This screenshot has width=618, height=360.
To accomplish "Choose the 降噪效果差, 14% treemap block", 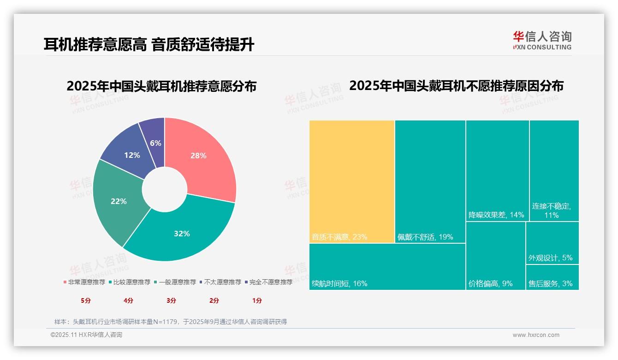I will (497, 171).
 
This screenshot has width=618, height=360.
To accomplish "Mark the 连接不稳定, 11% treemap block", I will (554, 171).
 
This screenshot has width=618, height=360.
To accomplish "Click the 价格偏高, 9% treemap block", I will (495, 256).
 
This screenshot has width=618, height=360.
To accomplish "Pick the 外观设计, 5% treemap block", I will (552, 243).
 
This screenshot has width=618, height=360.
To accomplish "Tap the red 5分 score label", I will (86, 300).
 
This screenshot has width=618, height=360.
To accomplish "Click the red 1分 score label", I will (257, 300).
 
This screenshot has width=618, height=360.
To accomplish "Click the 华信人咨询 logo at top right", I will (542, 40).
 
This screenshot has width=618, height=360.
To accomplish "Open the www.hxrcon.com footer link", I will (536, 335).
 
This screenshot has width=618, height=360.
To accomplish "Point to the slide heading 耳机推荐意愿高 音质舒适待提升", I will (149, 45).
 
